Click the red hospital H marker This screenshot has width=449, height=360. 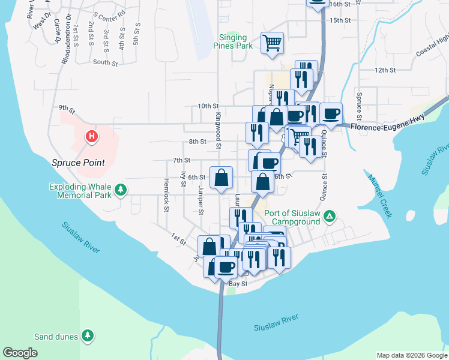[91, 137]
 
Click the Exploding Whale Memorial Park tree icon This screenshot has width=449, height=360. [121, 190]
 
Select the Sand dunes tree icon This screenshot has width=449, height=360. [88, 336]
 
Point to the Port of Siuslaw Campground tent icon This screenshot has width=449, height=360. [329, 215]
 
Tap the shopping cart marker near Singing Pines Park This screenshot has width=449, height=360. [273, 43]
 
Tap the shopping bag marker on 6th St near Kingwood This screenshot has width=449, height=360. [221, 177]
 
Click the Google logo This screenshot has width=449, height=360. [20, 353]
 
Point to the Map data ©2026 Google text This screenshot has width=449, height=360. [412, 355]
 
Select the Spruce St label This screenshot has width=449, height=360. [358, 106]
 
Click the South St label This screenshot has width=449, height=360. [105, 62]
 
